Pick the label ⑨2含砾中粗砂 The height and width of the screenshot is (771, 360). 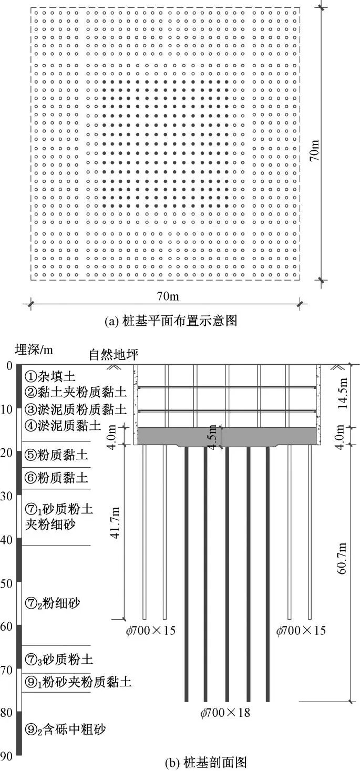tap(65, 729)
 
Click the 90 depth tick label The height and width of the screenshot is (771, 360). tap(8, 755)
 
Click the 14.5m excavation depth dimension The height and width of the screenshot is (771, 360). tap(342, 395)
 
